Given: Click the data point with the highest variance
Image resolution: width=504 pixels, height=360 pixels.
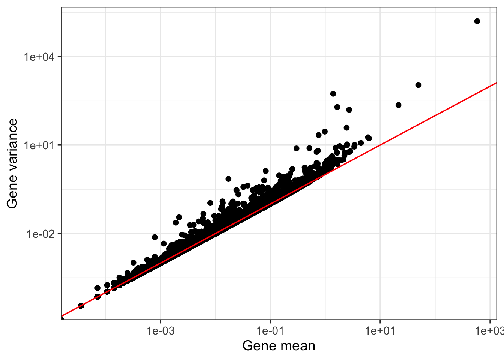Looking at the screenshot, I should pos(477,21).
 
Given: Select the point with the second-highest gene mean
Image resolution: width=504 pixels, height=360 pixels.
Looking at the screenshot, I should pos(418,85).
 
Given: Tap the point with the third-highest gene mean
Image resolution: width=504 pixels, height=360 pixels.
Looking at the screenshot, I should pos(398,105).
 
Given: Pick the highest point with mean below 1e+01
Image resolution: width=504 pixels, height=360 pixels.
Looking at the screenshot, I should pos(333,94).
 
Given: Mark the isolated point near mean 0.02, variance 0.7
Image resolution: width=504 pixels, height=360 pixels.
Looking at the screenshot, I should pos(228,179).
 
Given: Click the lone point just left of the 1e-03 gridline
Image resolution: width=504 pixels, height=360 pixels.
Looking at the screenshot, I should pos(154,237).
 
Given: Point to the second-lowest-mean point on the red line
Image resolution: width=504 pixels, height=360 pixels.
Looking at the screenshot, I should pos(81,306).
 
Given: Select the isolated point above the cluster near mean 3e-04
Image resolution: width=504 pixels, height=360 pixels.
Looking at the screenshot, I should pos(133,262).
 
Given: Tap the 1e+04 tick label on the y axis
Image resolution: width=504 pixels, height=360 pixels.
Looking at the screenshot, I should pos(39,57).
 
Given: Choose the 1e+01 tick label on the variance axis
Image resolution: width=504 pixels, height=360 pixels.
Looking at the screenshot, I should pos(39,145).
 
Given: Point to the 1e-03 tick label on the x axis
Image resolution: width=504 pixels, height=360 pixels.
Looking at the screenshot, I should pos(160,331).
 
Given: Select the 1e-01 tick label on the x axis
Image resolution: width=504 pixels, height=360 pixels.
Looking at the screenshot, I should pos(270,331).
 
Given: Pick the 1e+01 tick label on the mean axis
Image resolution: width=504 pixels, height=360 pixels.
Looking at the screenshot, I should pos(380,331).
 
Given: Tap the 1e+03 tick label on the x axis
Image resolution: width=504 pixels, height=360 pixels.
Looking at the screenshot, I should pos(489,331).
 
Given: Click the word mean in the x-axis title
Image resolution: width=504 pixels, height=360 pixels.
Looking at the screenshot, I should pos(299,345).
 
